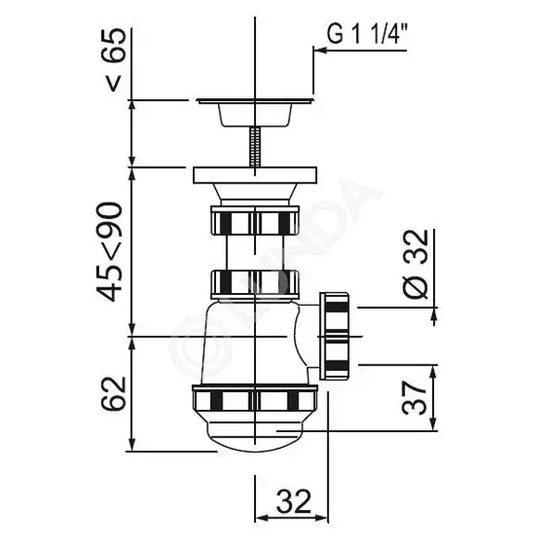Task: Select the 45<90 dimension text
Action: point(109,251)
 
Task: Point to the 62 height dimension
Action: point(113,393)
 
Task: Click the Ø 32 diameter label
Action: point(415,264)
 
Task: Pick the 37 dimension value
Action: point(414,398)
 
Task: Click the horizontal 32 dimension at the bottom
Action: point(293,501)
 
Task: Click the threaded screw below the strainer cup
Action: point(255,147)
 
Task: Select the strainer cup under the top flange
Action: point(255,115)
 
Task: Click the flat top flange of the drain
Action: point(255,101)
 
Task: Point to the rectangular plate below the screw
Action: point(255,175)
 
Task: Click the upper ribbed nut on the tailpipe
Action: point(255,220)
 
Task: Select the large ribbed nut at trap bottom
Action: point(255,398)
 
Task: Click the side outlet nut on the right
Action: point(334,337)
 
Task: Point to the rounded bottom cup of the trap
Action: point(255,432)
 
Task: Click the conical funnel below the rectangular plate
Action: point(255,192)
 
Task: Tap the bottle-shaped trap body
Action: point(252,342)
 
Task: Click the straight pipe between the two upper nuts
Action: point(255,252)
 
